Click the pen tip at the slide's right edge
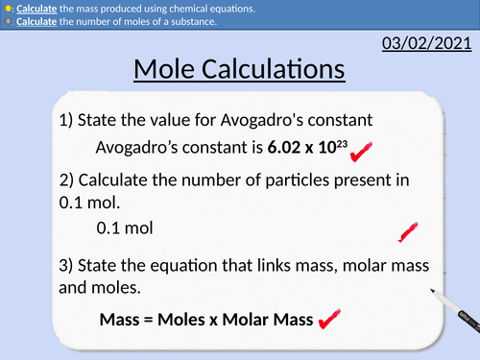tap(433, 290)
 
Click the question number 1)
tap(65, 120)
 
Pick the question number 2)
tap(65, 180)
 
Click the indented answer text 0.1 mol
tap(125, 229)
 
